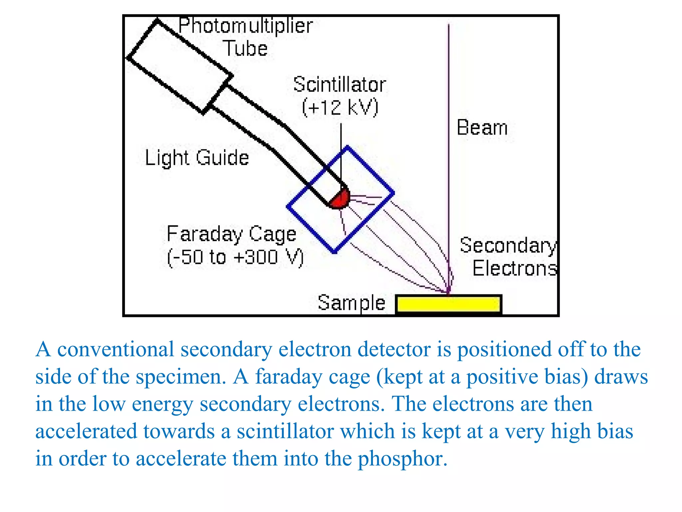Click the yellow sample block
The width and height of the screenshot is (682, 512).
pos(449,304)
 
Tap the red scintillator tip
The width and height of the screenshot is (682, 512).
pos(340,199)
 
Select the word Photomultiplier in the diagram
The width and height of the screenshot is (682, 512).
pos(245,26)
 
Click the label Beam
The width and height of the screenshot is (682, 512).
pos(482,128)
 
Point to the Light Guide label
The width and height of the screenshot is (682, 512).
pos(197,158)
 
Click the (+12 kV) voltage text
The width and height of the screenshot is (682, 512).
pos(340,107)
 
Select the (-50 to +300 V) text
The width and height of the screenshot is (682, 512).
pos(235,257)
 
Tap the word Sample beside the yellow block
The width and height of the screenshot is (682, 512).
pos(351,303)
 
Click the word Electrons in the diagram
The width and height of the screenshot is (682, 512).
pos(515,268)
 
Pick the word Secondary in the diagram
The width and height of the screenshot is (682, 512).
pos(508,246)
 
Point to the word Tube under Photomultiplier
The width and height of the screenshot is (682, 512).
pos(245,49)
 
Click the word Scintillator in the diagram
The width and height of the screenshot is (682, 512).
pos(339,84)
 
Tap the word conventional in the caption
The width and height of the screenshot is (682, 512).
pos(116,349)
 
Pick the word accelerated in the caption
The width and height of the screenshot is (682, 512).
pos(86,431)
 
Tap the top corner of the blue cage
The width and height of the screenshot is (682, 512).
pos(347,147)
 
